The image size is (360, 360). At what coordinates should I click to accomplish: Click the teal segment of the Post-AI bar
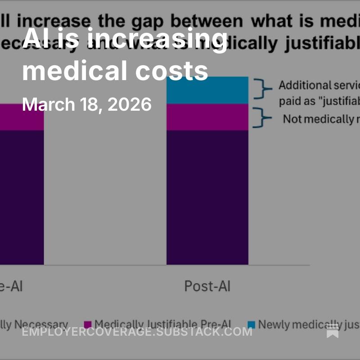207,90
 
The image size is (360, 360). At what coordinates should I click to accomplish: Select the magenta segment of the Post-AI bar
207,117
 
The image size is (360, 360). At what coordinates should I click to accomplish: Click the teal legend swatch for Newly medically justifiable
251,324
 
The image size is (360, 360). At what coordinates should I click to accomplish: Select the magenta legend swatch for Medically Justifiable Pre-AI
88,324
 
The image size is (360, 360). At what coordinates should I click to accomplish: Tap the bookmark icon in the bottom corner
333,332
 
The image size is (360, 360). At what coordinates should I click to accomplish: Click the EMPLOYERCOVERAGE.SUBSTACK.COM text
137,332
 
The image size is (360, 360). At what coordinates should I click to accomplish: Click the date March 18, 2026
87,104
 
